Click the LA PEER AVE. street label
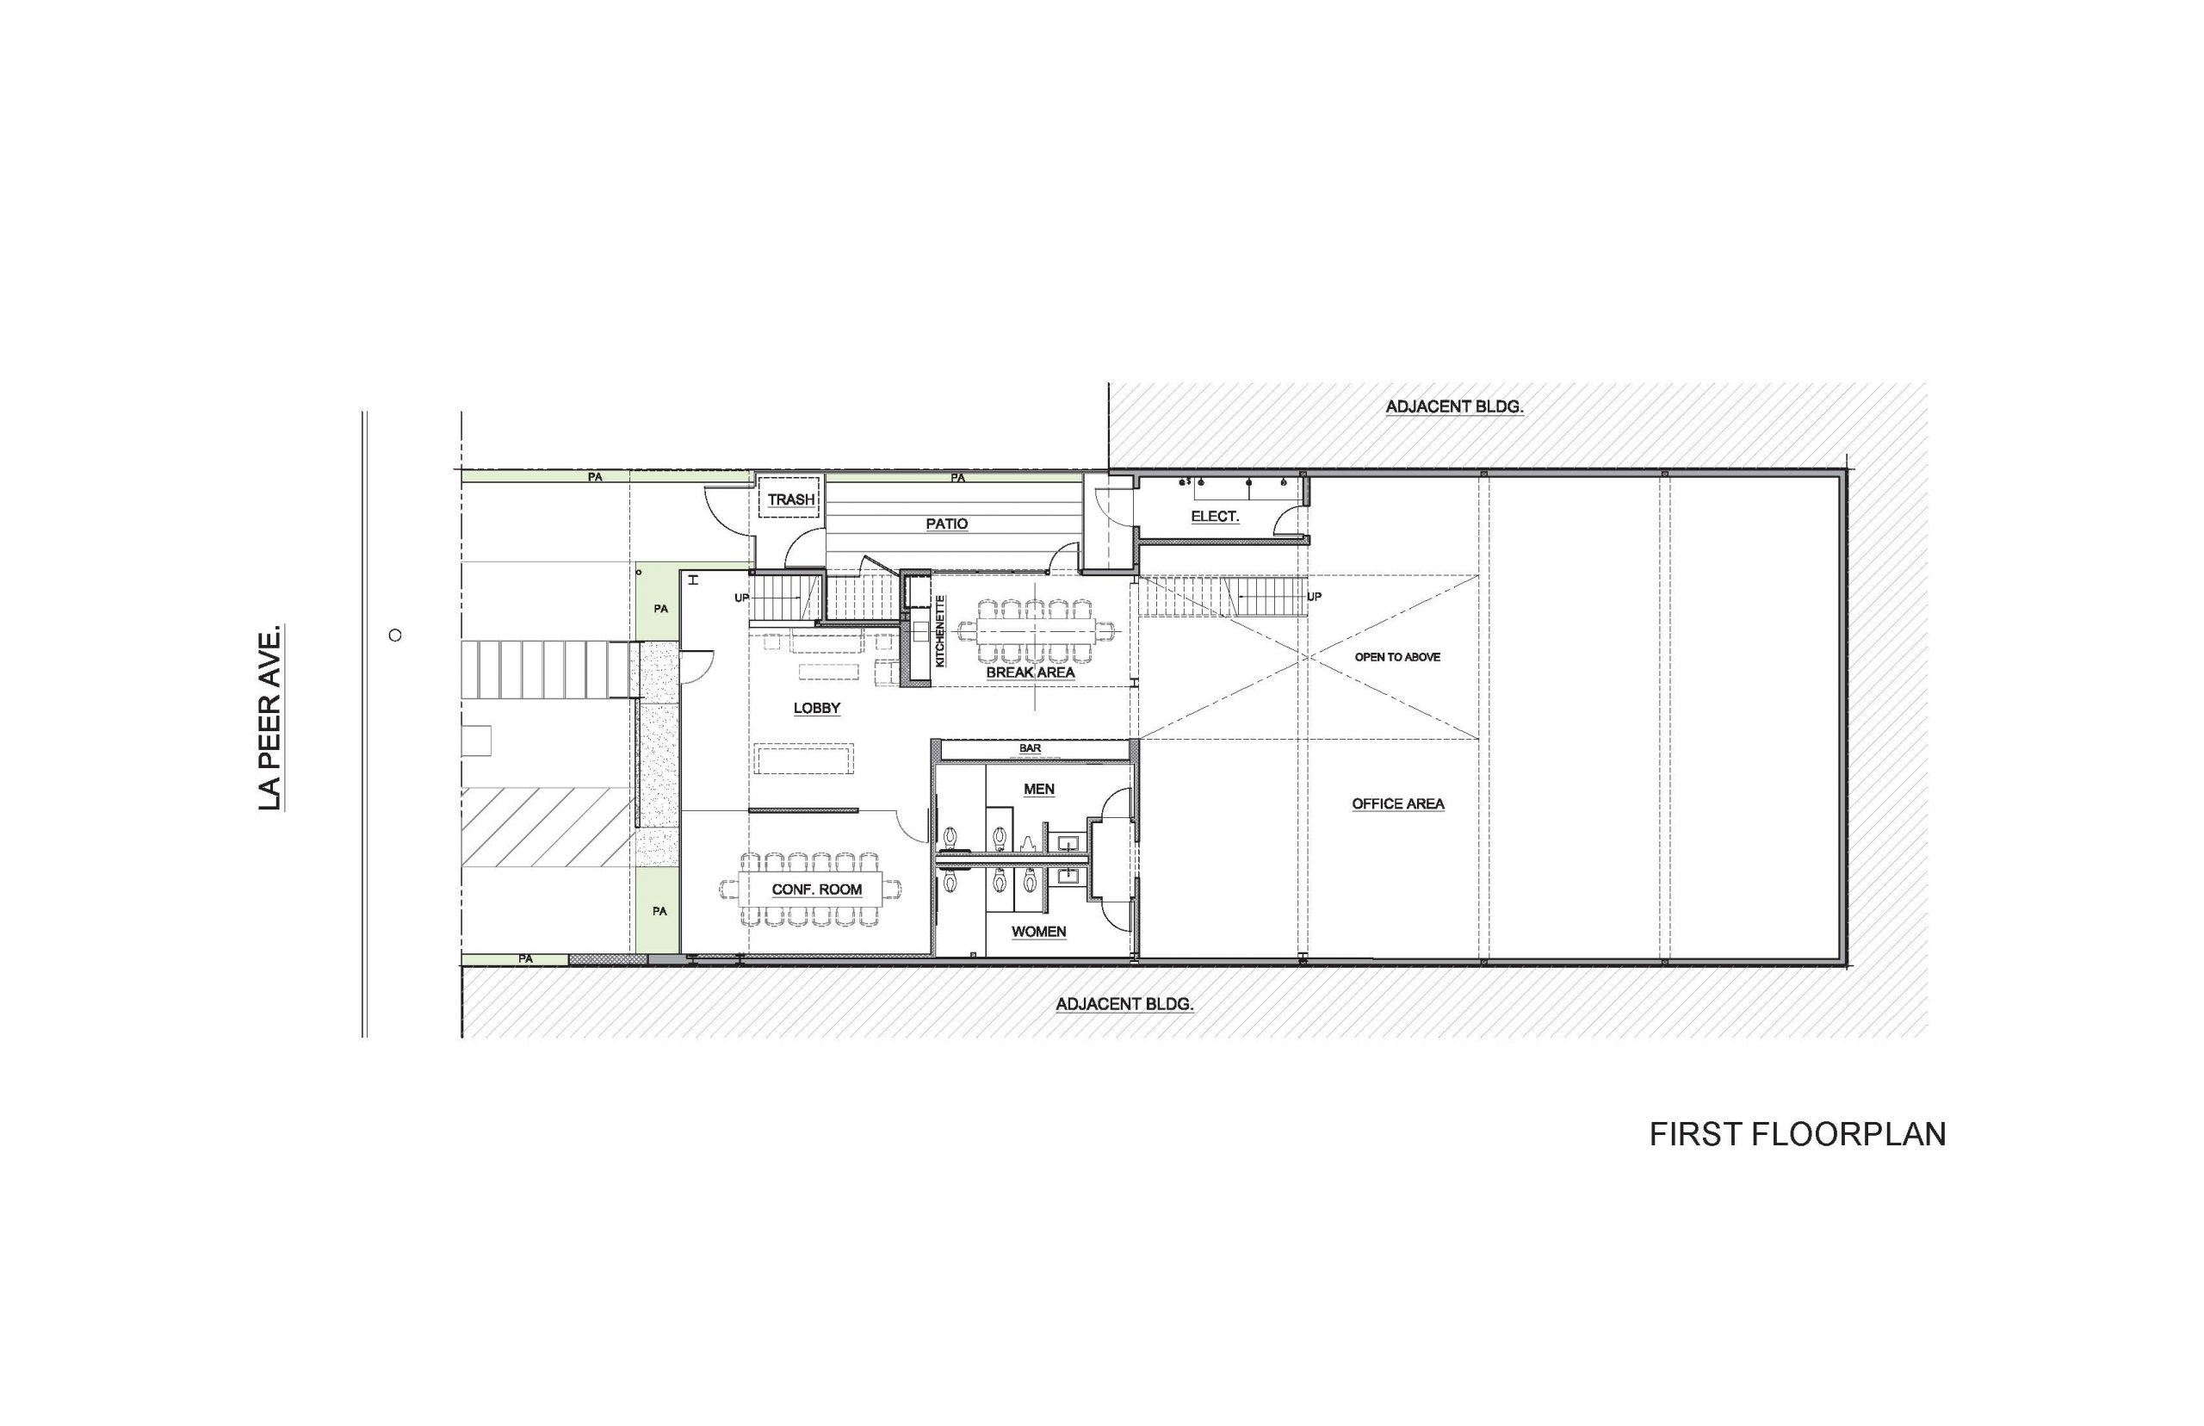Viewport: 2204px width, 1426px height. click(269, 717)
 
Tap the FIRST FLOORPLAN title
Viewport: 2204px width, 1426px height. click(1797, 1134)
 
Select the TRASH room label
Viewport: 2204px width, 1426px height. click(790, 500)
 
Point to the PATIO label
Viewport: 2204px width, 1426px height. click(947, 524)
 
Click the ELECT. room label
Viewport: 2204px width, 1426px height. click(1215, 517)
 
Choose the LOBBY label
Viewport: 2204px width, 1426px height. click(816, 709)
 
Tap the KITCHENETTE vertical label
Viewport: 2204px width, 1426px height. click(939, 630)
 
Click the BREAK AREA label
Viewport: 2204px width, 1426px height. click(1031, 673)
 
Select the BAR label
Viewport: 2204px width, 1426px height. click(1030, 748)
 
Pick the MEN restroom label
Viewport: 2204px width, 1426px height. click(1038, 789)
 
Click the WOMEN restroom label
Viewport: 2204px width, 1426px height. click(1038, 932)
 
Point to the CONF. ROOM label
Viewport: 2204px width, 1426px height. click(816, 890)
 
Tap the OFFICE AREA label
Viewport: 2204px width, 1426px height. click(1398, 803)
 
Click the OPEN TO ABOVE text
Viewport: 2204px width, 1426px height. click(1398, 657)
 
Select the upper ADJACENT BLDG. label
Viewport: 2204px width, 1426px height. click(1454, 406)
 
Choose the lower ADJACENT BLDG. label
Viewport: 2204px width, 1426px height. click(1124, 1004)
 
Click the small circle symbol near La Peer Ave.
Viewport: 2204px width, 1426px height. click(395, 635)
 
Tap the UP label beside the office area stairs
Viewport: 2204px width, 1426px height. click(1314, 598)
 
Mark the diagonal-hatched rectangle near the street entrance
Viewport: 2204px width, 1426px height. click(546, 828)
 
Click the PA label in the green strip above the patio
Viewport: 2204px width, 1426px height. click(958, 478)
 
